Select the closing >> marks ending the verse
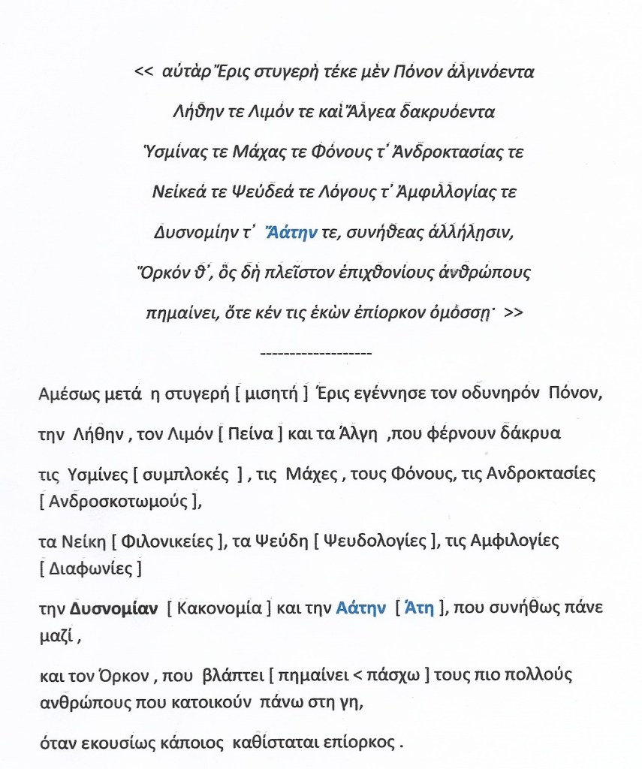pos(514,314)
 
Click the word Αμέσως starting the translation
pos(65,395)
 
